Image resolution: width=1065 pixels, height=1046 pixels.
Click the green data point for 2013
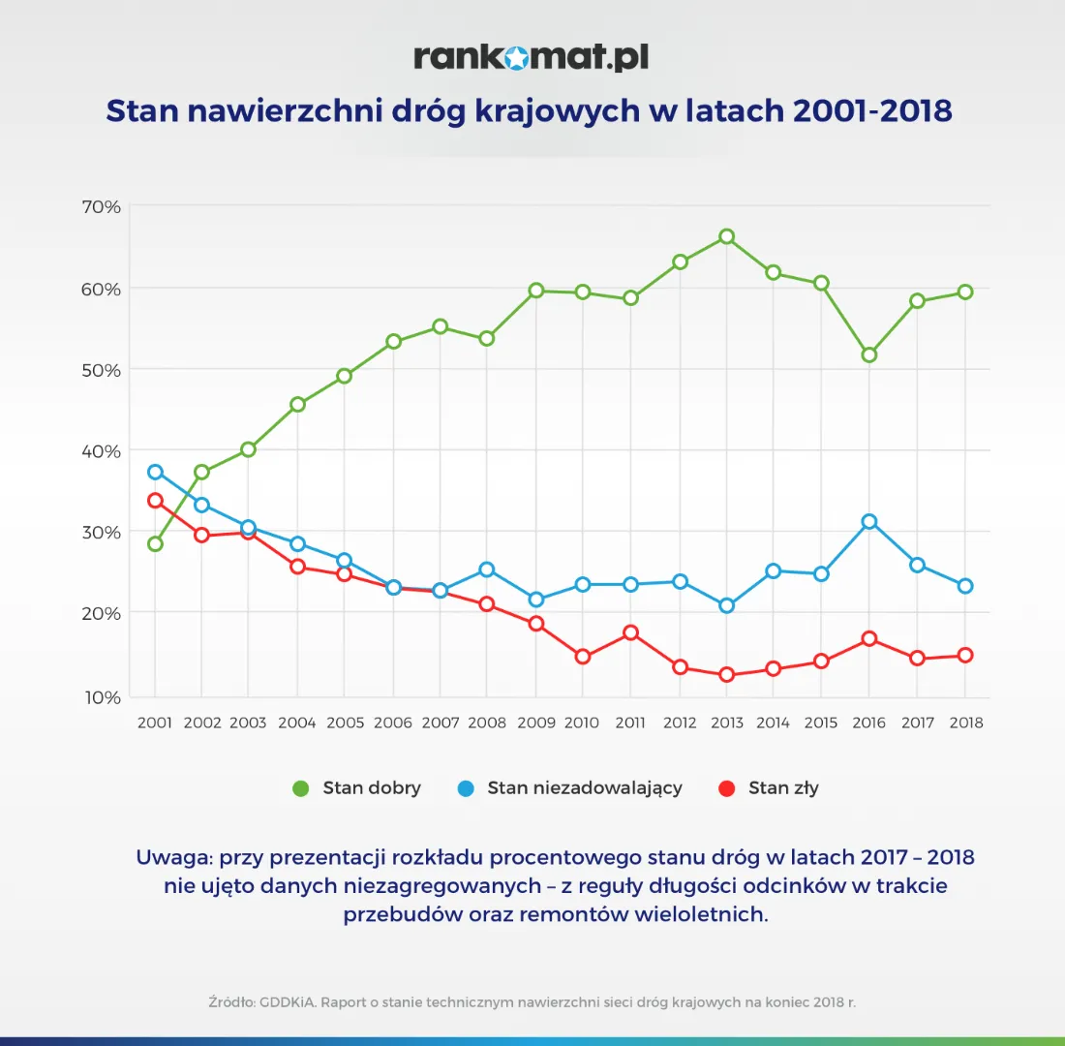726,236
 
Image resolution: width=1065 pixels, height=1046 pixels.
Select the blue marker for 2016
868,521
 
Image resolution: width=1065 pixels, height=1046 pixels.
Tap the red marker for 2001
155,501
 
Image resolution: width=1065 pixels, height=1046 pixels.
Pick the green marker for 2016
868,354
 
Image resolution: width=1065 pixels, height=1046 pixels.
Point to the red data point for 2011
630,632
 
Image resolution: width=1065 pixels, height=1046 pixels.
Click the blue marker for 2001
155,472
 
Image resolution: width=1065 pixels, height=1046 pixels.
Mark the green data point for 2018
964,292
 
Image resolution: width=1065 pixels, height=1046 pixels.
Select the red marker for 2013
726,675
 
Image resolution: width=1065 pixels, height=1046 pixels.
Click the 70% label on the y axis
99,206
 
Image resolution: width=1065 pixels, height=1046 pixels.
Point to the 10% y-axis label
99,697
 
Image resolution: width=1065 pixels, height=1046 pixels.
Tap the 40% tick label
99,450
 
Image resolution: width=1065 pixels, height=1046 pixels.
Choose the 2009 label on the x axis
535,723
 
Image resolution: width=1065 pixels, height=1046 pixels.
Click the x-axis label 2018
964,723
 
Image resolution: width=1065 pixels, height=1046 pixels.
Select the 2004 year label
297,723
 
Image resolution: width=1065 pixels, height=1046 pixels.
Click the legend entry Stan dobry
371,787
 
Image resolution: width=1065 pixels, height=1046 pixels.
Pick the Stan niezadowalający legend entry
584,787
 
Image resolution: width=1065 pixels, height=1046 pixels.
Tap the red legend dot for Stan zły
727,788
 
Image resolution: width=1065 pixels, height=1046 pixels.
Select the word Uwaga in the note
173,857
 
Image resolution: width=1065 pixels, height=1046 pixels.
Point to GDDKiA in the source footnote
286,1002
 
